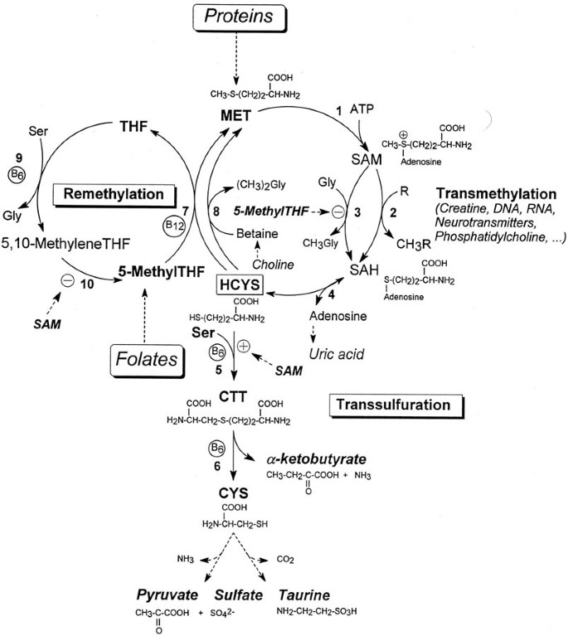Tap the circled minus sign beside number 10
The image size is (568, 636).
tap(66, 280)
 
